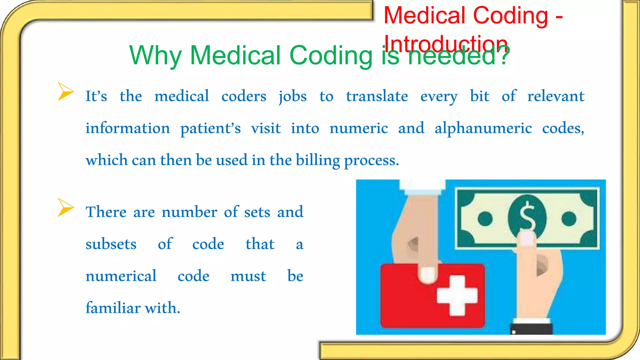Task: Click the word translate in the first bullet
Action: click(377, 96)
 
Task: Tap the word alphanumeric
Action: click(483, 128)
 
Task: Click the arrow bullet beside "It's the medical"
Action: click(65, 92)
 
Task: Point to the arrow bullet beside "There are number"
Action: click(65, 207)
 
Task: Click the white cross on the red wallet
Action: click(457, 295)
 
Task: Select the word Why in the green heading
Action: click(155, 56)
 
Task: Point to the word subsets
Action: click(111, 244)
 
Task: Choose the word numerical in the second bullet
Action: click(121, 276)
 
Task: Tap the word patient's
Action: click(210, 128)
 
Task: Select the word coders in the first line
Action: click(244, 96)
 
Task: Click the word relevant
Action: click(556, 96)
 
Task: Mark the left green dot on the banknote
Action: click(485, 218)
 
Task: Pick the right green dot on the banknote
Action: click(569, 218)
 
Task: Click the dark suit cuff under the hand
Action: click(531, 329)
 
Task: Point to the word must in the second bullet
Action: click(248, 276)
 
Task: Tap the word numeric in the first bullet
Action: click(358, 128)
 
